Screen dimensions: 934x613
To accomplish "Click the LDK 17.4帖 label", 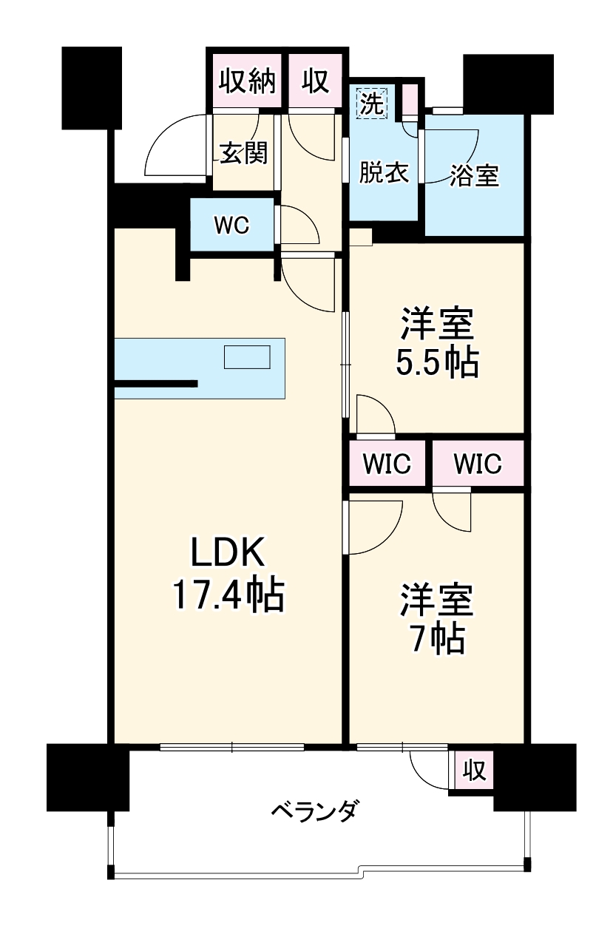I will click(228, 573).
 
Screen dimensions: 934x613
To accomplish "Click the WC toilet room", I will click(231, 226).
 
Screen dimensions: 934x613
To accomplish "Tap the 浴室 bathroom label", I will click(474, 175).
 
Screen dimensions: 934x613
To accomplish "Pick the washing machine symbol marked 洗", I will click(372, 102).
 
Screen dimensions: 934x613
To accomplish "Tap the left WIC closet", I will click(387, 464).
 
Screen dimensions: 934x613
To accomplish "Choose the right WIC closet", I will click(477, 464).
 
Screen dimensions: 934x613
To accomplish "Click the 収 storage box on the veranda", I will click(474, 771).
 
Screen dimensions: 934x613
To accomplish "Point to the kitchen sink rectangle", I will click(248, 357).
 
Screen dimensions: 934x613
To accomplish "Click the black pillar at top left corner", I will click(91, 87).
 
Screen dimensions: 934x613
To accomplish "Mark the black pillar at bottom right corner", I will click(535, 776).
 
